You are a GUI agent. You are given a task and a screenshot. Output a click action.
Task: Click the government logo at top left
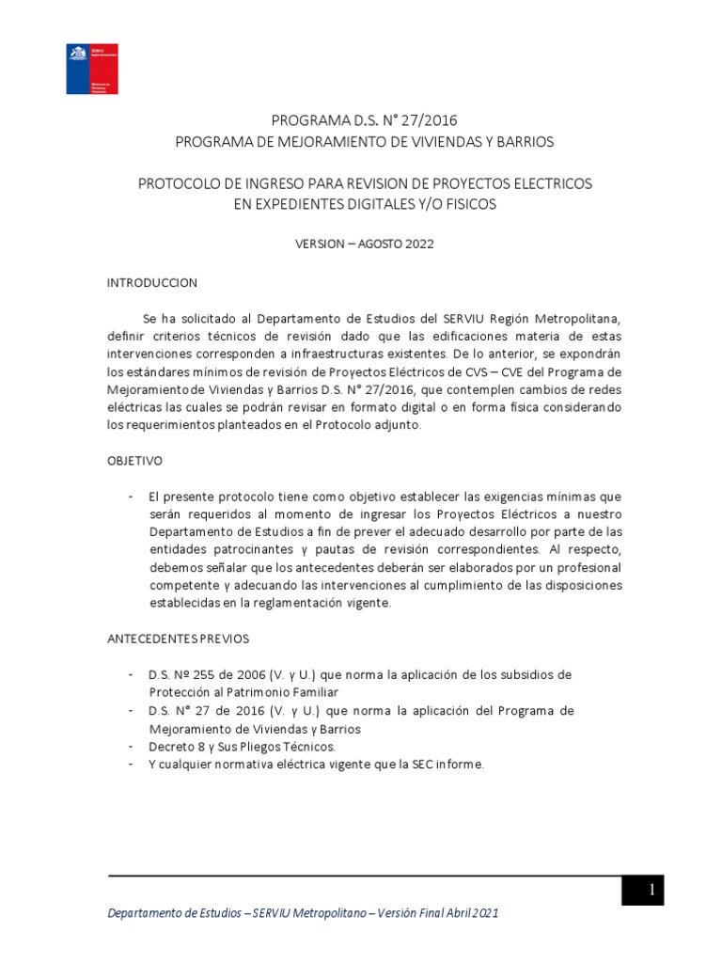point(91,69)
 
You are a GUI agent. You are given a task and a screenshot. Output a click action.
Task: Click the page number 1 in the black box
point(642,890)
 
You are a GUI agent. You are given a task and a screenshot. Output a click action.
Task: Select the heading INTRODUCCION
point(152,282)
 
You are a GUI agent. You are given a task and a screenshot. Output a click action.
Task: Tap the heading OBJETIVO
point(135,461)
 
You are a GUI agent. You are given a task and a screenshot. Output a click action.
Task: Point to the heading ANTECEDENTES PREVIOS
point(178,639)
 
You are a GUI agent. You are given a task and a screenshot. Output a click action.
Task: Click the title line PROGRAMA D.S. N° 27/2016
point(365,119)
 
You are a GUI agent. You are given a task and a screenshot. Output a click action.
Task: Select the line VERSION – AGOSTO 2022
point(365,243)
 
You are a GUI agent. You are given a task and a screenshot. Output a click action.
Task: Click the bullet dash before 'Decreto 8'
point(130,747)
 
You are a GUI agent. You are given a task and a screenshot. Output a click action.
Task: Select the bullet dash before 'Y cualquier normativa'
point(130,765)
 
